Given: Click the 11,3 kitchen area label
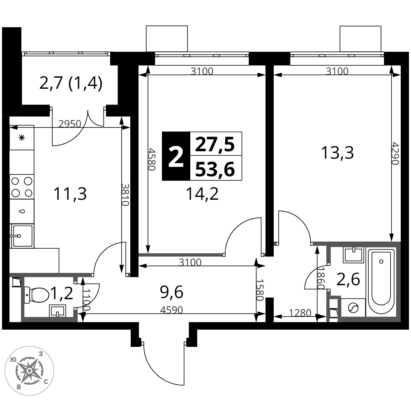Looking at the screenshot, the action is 70,194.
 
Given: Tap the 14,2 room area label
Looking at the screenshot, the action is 202,194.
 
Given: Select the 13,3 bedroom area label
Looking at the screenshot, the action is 337,153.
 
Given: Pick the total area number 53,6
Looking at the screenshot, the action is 215,169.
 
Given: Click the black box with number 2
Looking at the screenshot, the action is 176,156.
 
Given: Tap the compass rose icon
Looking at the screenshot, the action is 30,370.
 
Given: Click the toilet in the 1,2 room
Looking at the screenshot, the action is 36,295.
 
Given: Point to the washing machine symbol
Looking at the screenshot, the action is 353,308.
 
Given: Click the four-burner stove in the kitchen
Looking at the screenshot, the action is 22,187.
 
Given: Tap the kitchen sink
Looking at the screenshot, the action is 22,236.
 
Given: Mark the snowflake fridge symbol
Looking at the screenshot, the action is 22,137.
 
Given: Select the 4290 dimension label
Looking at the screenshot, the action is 395,154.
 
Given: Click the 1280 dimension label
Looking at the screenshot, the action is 300,313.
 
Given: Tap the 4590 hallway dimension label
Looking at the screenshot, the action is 171,310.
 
